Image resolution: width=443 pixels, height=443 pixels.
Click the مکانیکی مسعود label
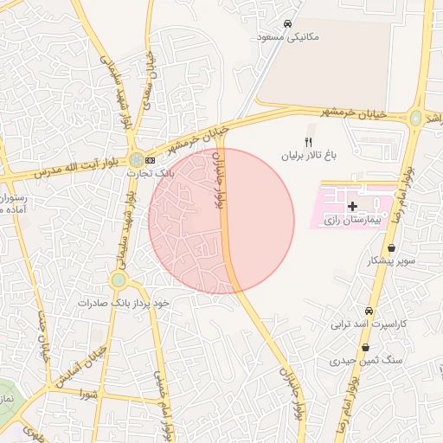click(x=289, y=37)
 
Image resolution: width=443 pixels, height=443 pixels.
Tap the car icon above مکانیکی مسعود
click(x=287, y=23)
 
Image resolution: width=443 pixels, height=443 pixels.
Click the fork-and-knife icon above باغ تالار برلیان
click(x=307, y=142)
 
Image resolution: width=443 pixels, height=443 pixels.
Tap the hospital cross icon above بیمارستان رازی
click(x=351, y=207)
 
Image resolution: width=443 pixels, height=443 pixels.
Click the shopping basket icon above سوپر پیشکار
click(x=391, y=247)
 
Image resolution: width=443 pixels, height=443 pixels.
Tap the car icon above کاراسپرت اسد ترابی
click(x=369, y=311)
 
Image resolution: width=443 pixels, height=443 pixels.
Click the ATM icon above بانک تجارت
click(x=151, y=160)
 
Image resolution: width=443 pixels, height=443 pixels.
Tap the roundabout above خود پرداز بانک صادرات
click(x=118, y=280)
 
